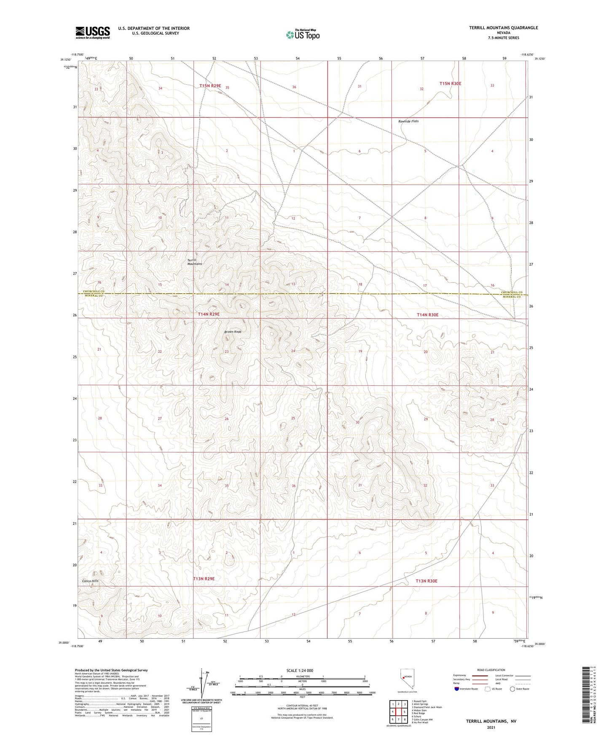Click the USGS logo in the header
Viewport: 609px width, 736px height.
point(93,32)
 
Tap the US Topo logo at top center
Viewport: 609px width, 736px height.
point(302,34)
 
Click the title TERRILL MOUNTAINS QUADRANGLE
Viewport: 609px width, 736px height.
point(503,28)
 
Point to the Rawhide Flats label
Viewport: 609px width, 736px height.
point(408,121)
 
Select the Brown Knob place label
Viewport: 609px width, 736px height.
point(233,332)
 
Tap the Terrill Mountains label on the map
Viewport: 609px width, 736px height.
point(195,262)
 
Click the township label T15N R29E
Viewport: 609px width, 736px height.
point(210,86)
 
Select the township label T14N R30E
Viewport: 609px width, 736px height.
point(427,315)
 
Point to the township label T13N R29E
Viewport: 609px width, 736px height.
point(204,579)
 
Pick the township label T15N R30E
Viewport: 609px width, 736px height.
point(450,83)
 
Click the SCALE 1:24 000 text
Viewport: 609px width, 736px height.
point(300,670)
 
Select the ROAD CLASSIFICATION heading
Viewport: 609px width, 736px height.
point(491,670)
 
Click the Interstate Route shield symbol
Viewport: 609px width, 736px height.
point(457,689)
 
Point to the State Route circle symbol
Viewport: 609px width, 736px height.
point(512,689)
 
